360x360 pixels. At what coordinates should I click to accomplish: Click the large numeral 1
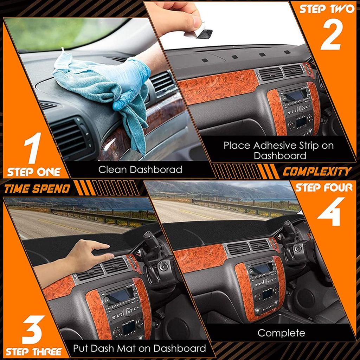pos(34,147)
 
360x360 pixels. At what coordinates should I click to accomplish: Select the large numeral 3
pos(33,329)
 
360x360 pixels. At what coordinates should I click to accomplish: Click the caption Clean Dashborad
pos(140,170)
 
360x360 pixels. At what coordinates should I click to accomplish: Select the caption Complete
pos(281,333)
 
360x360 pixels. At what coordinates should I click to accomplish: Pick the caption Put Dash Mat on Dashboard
pos(140,348)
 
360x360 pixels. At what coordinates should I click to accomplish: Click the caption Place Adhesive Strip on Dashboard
pos(279,150)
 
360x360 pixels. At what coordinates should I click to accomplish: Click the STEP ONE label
pos(34,172)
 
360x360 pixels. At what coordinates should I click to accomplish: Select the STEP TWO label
pos(327,9)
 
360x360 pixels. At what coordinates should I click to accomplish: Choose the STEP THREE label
pos(34,352)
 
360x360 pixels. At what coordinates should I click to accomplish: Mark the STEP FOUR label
pos(323,187)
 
